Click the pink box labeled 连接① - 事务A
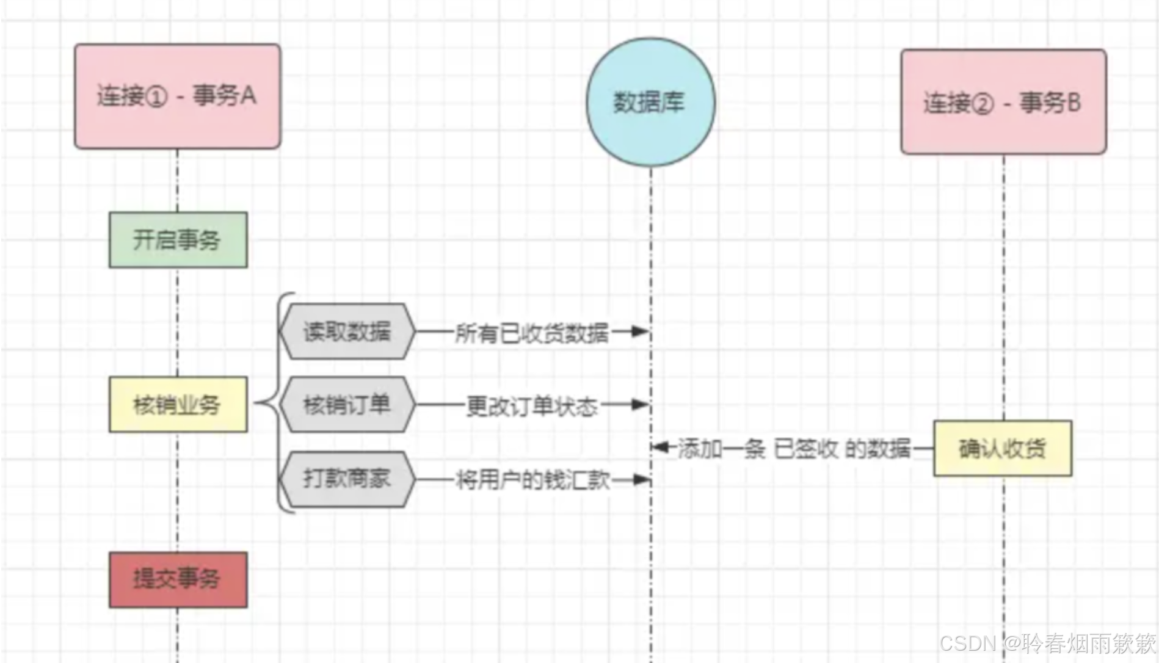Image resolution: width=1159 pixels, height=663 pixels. (177, 96)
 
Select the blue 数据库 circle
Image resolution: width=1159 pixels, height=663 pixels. (650, 102)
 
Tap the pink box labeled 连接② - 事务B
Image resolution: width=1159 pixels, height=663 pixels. (1003, 102)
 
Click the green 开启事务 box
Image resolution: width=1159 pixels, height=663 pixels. (178, 240)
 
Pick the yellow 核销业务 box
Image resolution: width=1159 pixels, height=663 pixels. (178, 404)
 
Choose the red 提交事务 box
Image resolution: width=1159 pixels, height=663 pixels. (178, 579)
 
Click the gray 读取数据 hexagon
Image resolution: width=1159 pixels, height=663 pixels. (347, 331)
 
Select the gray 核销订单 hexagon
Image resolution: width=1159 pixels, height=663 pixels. (347, 404)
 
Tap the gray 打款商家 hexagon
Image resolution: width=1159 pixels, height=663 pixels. (347, 479)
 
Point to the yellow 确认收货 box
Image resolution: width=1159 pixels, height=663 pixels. (1002, 448)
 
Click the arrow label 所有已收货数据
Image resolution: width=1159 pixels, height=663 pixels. (531, 333)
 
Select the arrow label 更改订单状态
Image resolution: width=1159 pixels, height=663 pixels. (531, 405)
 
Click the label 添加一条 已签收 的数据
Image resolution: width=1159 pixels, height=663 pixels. (794, 449)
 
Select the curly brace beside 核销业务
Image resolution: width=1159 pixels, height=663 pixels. (272, 403)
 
